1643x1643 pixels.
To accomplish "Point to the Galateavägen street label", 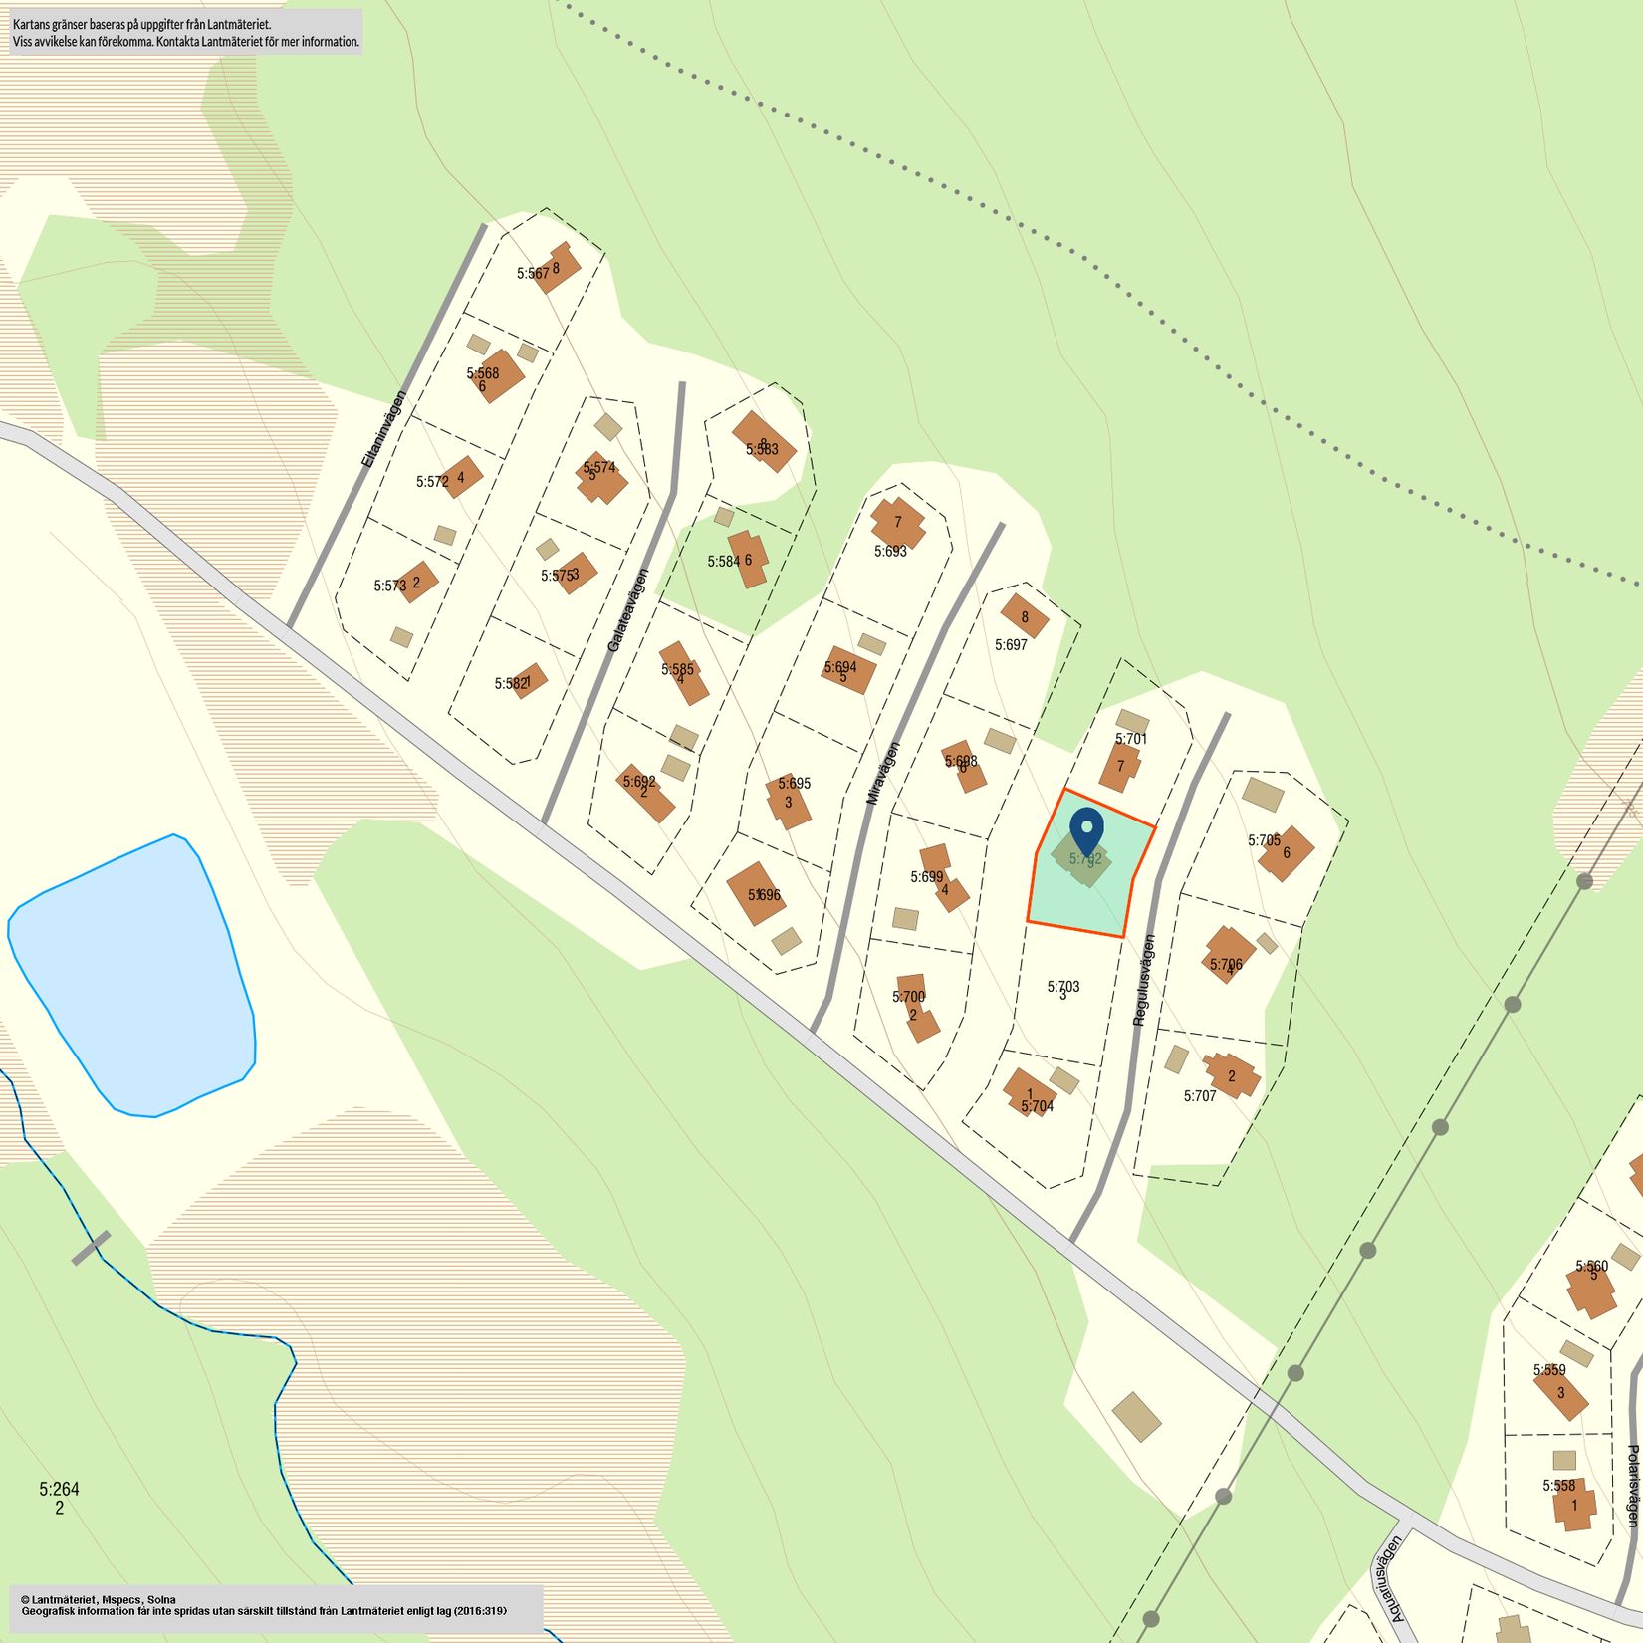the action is [628, 610].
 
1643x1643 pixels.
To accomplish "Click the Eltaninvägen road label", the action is [384, 429].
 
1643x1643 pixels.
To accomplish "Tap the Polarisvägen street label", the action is [1631, 1487].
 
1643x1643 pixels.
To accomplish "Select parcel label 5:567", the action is [533, 273].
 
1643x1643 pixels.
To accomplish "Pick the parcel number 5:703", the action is [1062, 986].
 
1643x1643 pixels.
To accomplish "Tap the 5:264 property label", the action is [59, 1489].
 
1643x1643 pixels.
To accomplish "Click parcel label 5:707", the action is [1199, 1096].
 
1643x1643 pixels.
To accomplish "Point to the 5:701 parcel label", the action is [1131, 739].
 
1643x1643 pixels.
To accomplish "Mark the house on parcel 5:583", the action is [764, 441].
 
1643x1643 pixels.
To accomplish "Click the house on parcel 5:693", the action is [897, 522].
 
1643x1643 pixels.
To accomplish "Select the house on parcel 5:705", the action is [1286, 852].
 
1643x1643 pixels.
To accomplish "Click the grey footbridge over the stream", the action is [91, 1248].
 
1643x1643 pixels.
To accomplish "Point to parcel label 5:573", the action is [390, 587].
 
